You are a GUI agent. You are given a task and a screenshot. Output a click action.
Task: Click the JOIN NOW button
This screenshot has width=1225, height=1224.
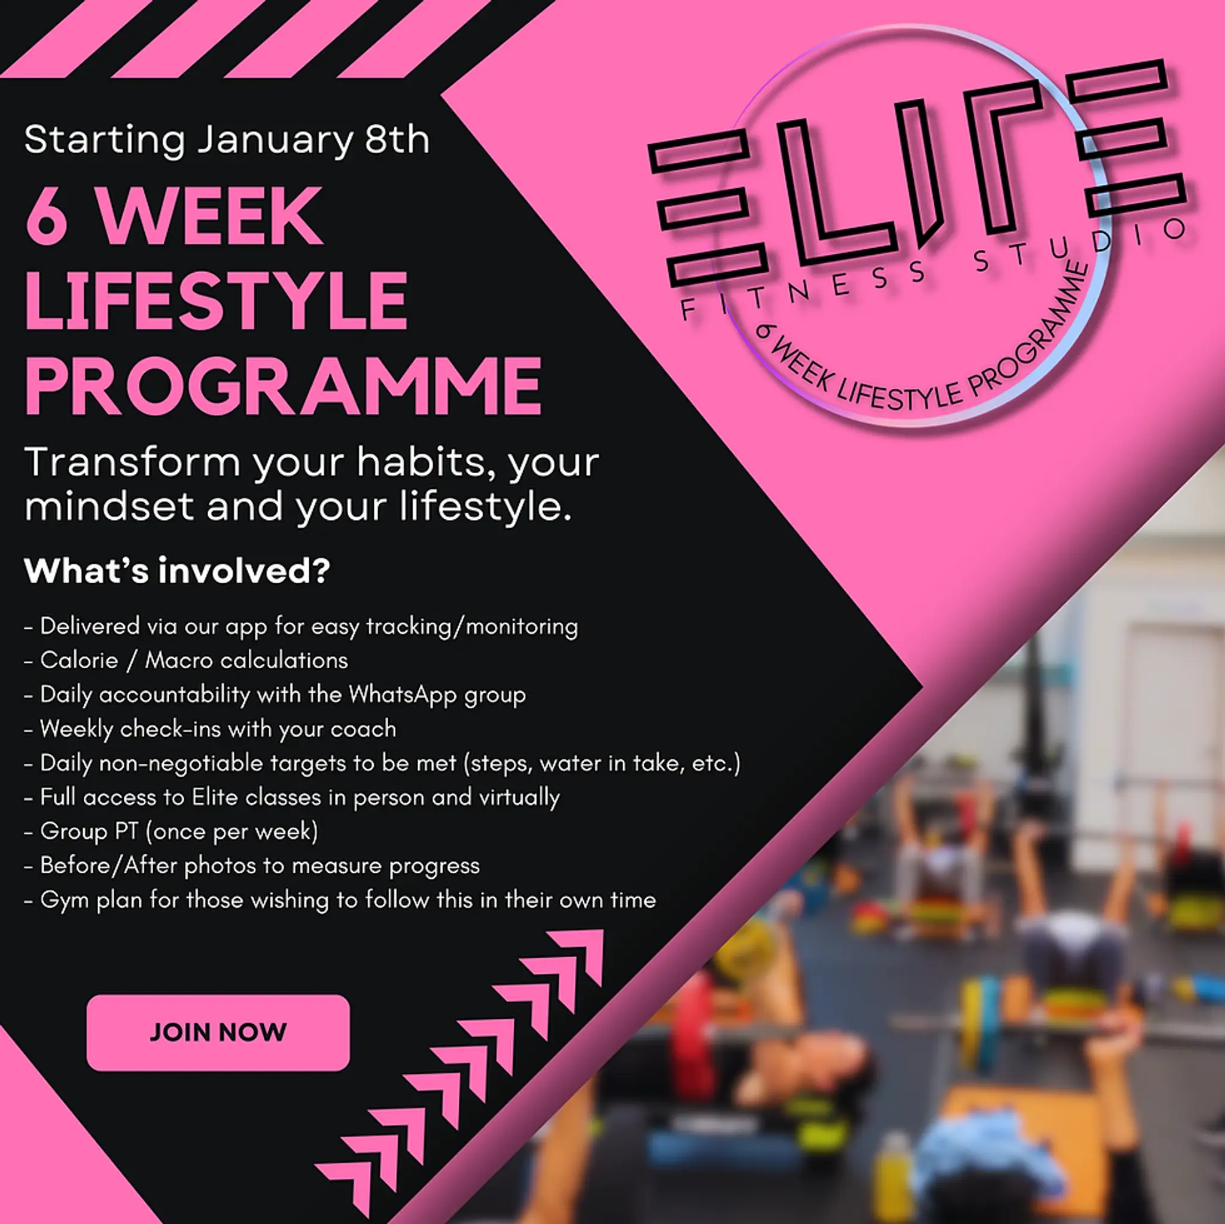coord(218,1033)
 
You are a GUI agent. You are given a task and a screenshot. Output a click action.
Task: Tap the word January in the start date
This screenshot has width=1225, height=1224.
coord(274,140)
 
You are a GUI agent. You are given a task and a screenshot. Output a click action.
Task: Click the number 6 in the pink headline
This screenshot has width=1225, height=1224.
coord(47,215)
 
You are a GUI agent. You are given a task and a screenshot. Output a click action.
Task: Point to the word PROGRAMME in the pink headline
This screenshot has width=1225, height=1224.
coord(283,386)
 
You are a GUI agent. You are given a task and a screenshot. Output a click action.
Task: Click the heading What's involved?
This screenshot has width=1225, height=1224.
coord(177,571)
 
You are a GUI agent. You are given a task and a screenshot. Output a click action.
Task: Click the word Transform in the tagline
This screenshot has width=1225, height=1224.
coord(133,462)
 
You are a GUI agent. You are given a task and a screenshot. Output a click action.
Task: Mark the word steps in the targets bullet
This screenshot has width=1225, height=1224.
coord(499,763)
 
